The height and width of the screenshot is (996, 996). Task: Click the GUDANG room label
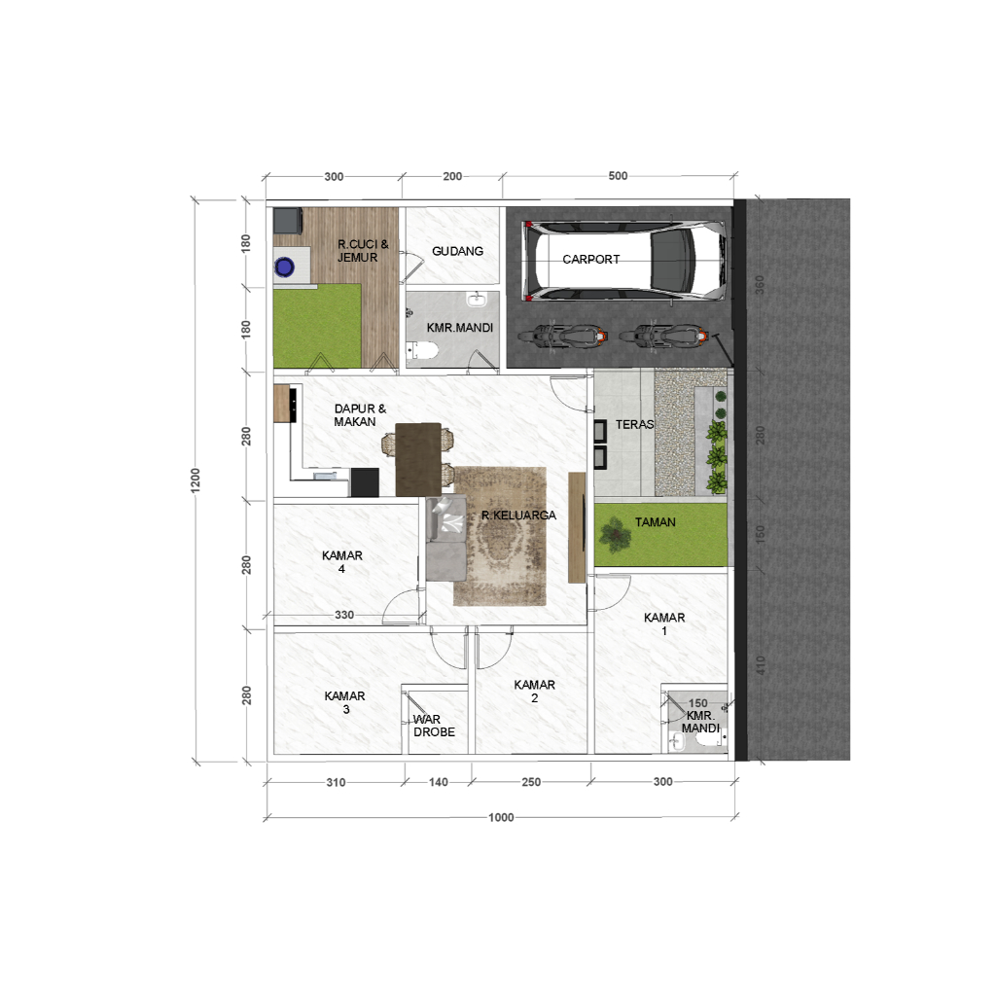click(x=457, y=251)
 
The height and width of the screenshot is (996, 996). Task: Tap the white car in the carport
click(x=625, y=260)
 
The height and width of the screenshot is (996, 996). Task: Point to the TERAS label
click(x=634, y=425)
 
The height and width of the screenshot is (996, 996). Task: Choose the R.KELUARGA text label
click(x=518, y=516)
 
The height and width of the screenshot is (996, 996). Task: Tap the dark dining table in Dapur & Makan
click(x=417, y=458)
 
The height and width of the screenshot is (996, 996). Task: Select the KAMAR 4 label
click(x=342, y=563)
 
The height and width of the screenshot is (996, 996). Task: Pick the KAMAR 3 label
click(x=345, y=702)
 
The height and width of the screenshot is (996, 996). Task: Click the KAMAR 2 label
click(x=535, y=692)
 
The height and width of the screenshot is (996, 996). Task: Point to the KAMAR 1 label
click(x=664, y=624)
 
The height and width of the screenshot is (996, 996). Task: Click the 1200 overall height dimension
click(x=196, y=480)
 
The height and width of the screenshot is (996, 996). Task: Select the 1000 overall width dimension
click(x=501, y=818)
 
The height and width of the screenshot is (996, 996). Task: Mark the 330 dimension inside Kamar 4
click(x=344, y=615)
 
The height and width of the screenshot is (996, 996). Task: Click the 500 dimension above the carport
click(x=618, y=177)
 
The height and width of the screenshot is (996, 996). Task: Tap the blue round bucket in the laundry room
click(x=285, y=266)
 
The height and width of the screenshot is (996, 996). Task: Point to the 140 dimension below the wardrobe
click(x=438, y=782)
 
